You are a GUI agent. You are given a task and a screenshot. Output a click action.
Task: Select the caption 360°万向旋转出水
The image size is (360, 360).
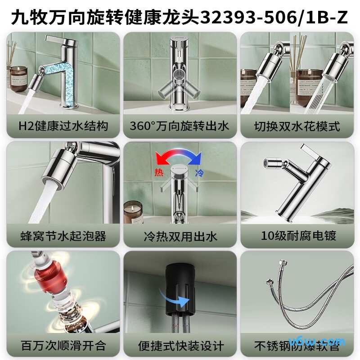[x=180, y=126]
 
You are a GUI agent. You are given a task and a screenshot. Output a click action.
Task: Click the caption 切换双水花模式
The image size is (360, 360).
[x=297, y=126]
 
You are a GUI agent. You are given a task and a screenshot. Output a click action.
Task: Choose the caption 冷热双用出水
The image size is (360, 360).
[x=180, y=235]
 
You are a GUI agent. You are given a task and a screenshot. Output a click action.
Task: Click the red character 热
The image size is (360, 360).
[x=159, y=173]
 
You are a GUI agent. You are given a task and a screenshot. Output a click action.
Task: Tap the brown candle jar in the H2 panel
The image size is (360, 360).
[x=18, y=74]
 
